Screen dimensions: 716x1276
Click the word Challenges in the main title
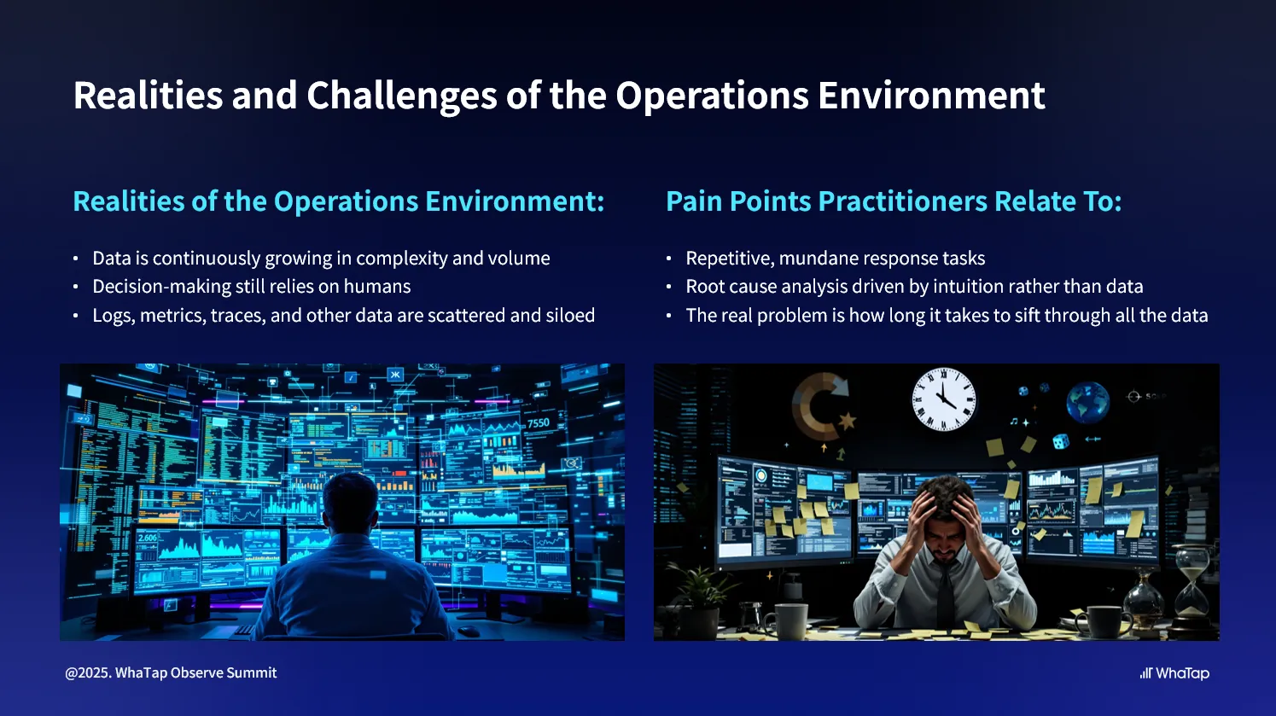[401, 96]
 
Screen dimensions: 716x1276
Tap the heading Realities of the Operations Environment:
[338, 201]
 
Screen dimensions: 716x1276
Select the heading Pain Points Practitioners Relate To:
[893, 201]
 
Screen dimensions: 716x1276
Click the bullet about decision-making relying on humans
[251, 287]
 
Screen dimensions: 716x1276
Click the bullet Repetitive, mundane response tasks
[835, 259]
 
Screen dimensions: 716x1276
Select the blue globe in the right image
[1087, 402]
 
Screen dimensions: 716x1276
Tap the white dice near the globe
[1060, 441]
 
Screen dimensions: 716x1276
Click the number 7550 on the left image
[539, 423]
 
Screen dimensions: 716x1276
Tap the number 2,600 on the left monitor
[148, 538]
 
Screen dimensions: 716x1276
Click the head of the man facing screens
[350, 504]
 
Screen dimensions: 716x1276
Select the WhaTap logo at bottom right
[1174, 673]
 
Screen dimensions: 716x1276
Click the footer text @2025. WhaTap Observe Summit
[171, 673]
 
